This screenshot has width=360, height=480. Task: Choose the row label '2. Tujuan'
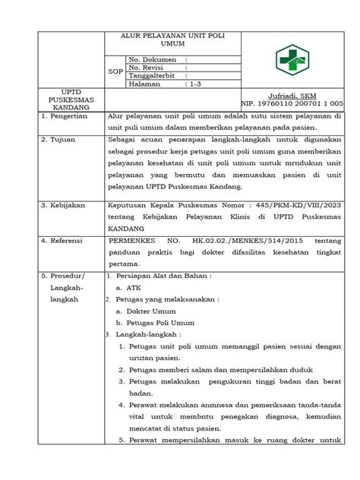click(42, 141)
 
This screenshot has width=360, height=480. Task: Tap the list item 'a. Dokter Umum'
click(146, 311)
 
